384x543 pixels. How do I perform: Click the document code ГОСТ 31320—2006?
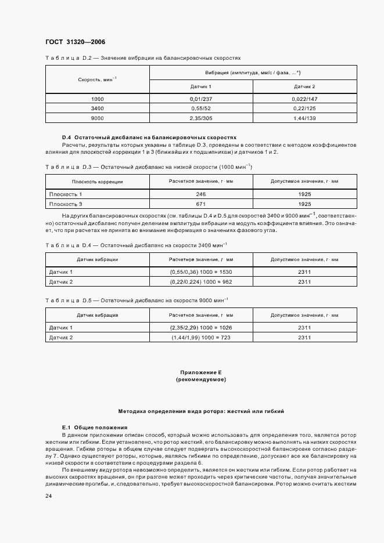pos(75,42)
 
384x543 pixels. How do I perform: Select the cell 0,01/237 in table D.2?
pos(201,99)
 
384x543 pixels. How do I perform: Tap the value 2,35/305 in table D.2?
pos(201,118)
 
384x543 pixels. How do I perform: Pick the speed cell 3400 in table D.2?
pos(98,108)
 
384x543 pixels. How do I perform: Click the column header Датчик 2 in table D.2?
pos(304,86)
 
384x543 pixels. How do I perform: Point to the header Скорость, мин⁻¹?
pos(98,79)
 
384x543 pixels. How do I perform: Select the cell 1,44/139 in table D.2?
pos(304,118)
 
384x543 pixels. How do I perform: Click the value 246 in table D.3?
pos(201,194)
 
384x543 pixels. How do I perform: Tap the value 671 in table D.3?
pos(201,204)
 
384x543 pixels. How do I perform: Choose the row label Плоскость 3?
pos(66,204)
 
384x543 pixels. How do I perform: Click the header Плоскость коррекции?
pos(98,182)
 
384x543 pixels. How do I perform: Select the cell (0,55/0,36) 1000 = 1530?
pos(201,271)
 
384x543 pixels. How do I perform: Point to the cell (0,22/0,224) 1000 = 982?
pos(201,281)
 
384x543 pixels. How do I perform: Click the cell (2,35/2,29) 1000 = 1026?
pos(201,328)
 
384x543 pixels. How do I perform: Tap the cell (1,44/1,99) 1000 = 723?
pos(201,337)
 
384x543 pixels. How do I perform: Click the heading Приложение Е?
pos(200,372)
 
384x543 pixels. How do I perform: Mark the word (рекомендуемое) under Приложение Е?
pos(200,379)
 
